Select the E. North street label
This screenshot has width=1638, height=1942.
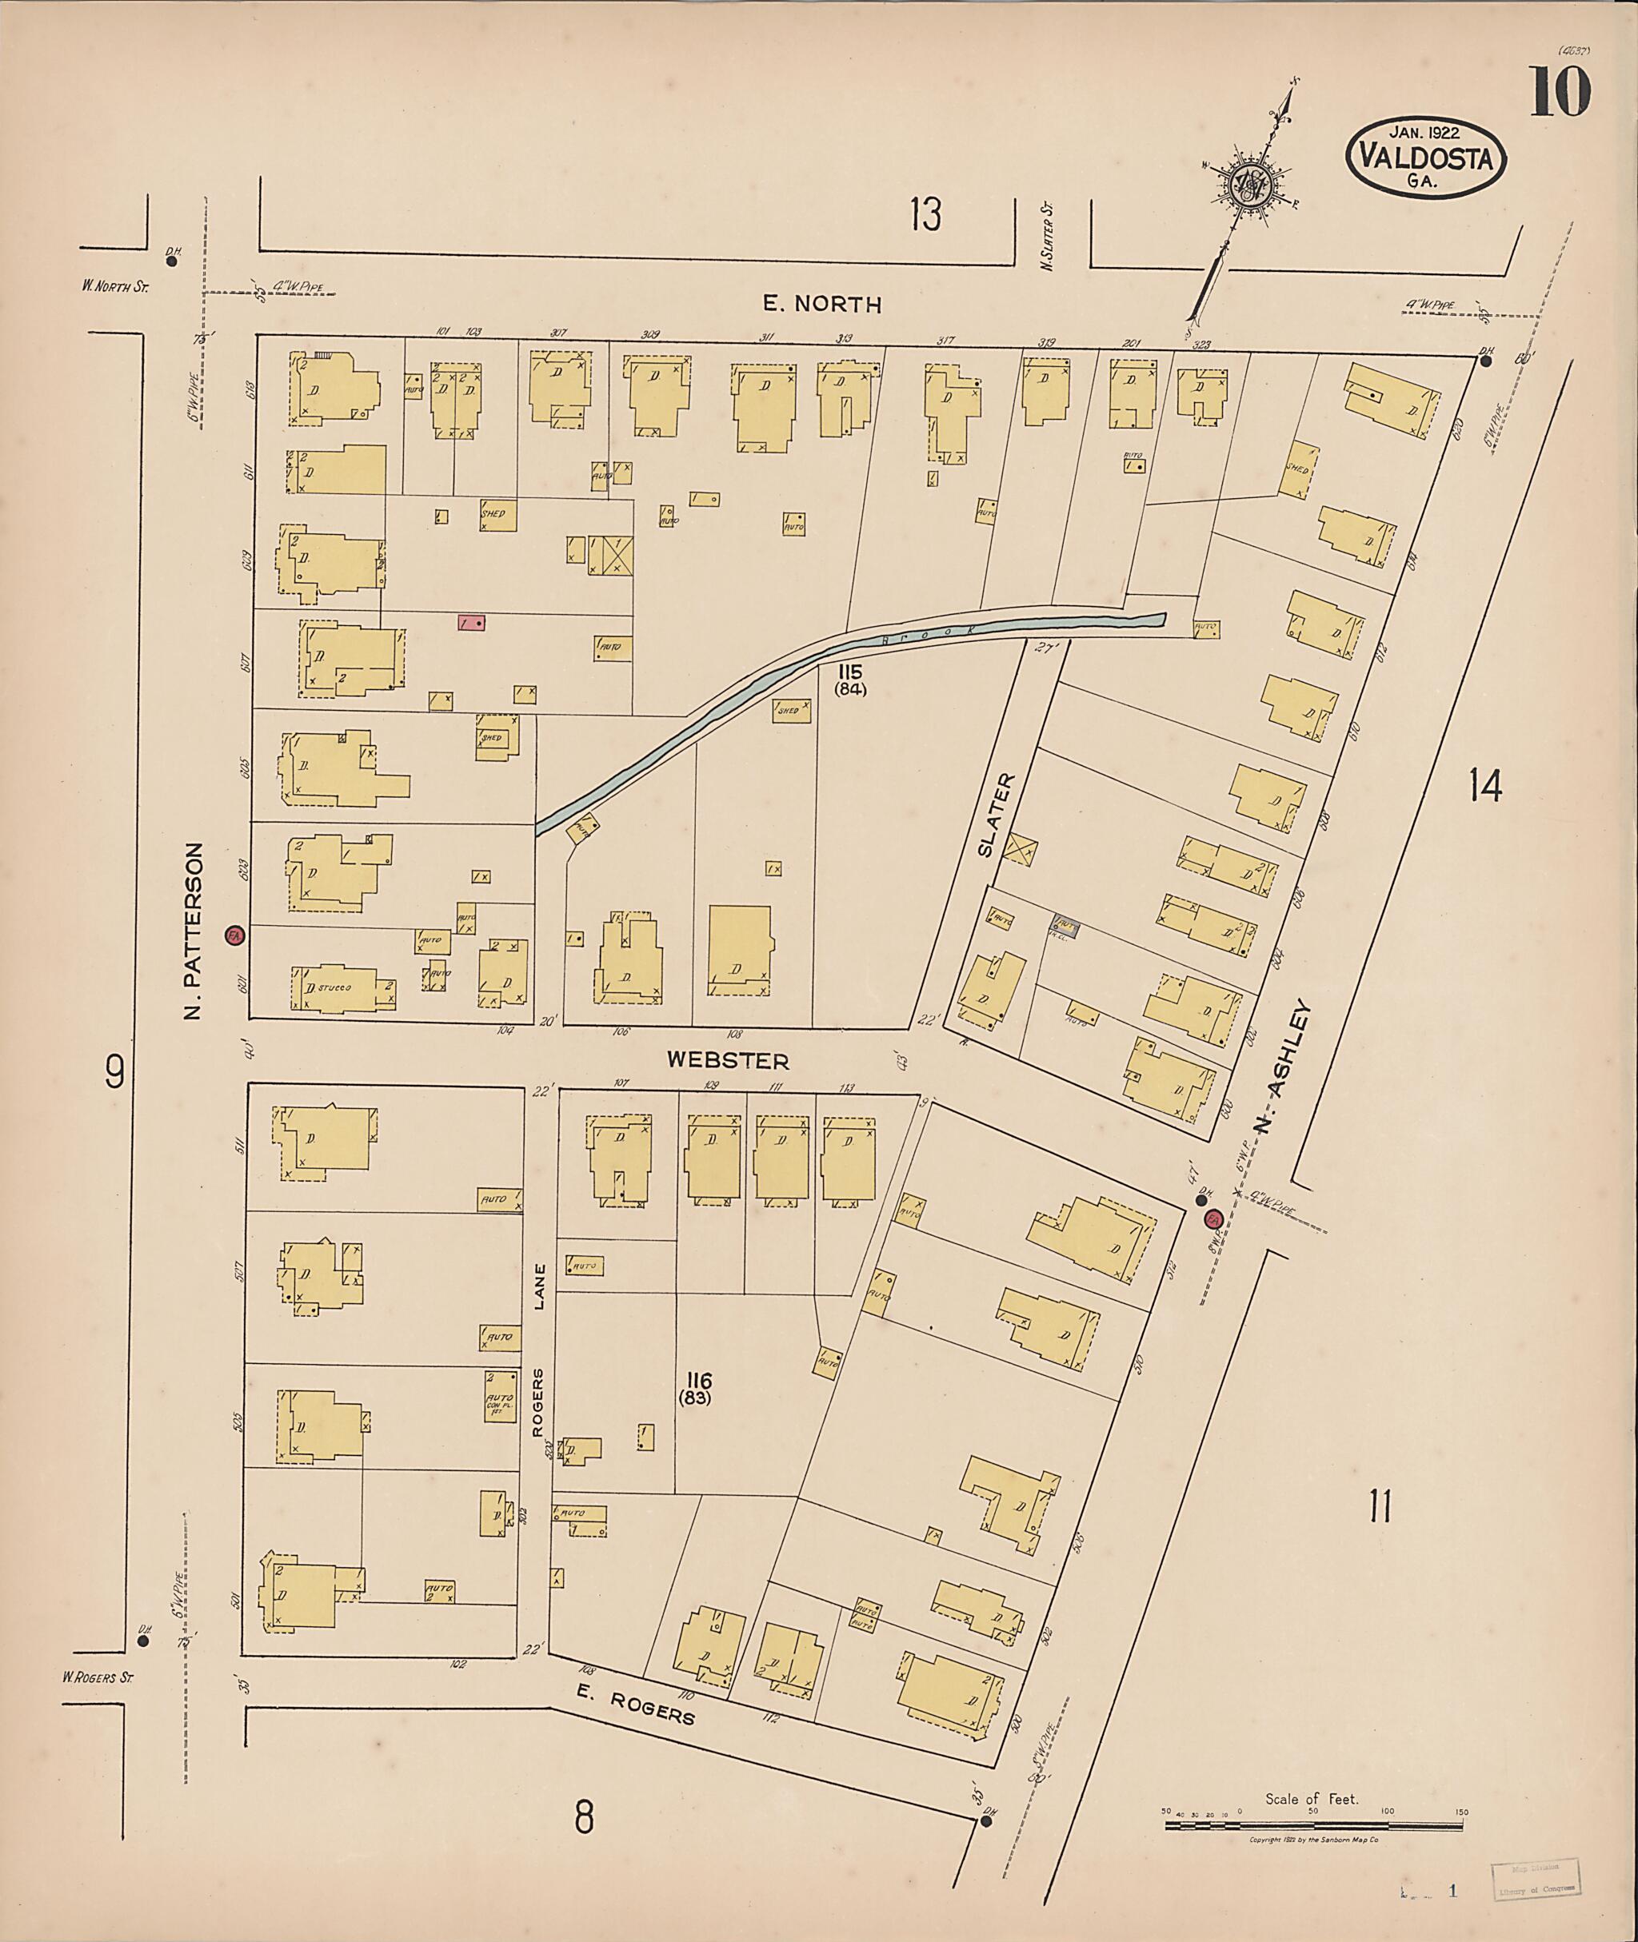(x=821, y=304)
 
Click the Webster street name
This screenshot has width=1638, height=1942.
(x=728, y=1060)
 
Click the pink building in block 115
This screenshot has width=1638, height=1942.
(x=471, y=623)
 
